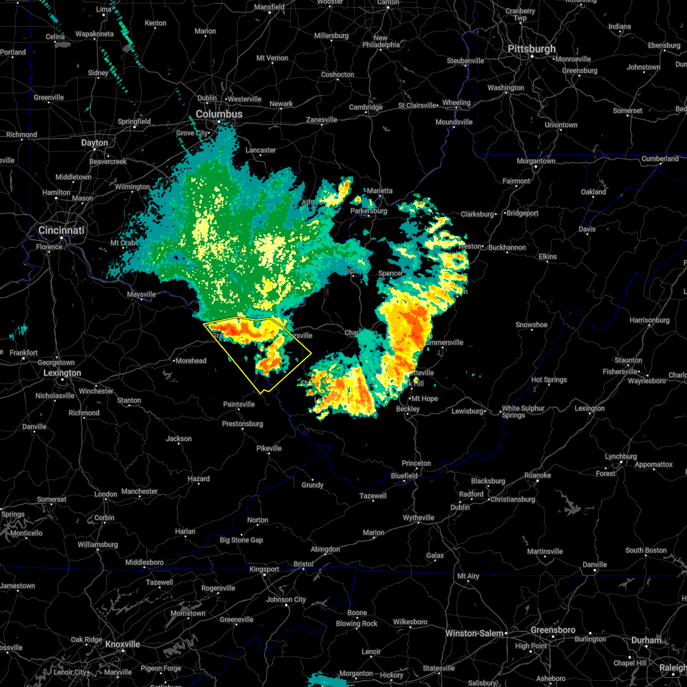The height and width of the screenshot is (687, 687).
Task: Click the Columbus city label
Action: pyautogui.click(x=219, y=114)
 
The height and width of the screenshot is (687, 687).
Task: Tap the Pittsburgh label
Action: pyautogui.click(x=531, y=49)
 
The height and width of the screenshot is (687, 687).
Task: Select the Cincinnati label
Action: pyautogui.click(x=61, y=230)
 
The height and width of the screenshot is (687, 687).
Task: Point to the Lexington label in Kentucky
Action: pyautogui.click(x=62, y=373)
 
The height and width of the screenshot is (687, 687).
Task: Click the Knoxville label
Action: pyautogui.click(x=123, y=644)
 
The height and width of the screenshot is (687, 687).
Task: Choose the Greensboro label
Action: pyautogui.click(x=552, y=630)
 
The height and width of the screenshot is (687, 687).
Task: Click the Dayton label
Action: pyautogui.click(x=94, y=143)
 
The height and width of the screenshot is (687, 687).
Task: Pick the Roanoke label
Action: pyautogui.click(x=538, y=475)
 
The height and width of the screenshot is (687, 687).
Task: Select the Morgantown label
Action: pyautogui.click(x=536, y=161)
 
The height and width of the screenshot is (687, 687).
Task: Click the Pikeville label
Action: pyautogui.click(x=269, y=448)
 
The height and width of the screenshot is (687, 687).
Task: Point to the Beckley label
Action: pyautogui.click(x=408, y=409)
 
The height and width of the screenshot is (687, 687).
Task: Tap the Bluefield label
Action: pyautogui.click(x=404, y=476)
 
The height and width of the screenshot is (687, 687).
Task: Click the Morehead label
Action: pyautogui.click(x=191, y=361)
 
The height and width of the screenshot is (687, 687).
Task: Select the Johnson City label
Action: pyautogui.click(x=286, y=599)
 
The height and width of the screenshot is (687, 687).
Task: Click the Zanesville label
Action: pyautogui.click(x=322, y=120)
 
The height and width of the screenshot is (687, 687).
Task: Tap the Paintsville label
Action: pyautogui.click(x=239, y=404)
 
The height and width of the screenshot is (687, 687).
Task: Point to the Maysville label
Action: pyautogui.click(x=141, y=294)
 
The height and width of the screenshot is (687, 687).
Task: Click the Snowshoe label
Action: pyautogui.click(x=531, y=325)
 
